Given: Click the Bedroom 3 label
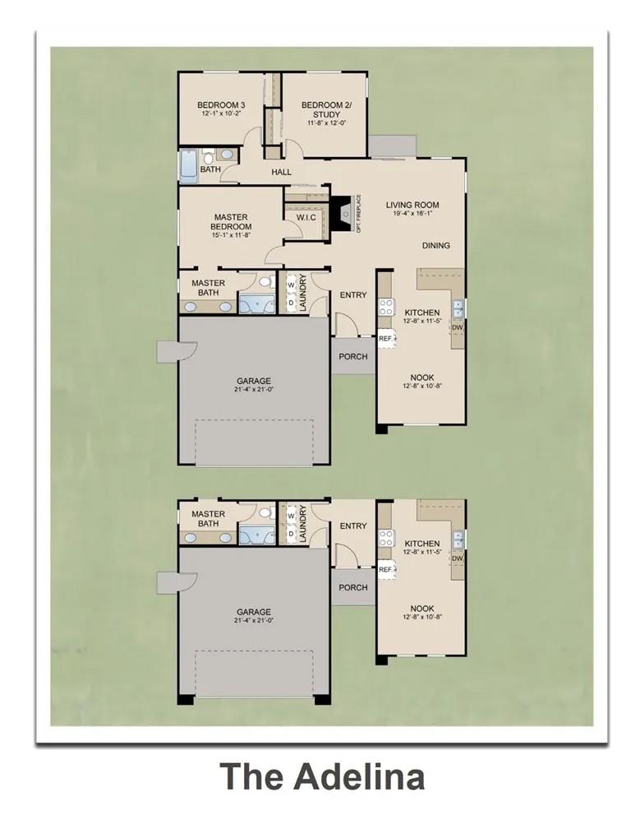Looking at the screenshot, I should [x=221, y=105].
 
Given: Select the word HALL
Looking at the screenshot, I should [x=282, y=172].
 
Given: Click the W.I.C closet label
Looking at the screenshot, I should [x=296, y=217].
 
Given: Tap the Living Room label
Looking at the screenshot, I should [x=412, y=205].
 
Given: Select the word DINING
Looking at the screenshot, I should [x=435, y=245].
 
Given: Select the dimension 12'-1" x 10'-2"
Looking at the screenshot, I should [x=222, y=115].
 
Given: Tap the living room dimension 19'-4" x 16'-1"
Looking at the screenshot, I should [x=412, y=214].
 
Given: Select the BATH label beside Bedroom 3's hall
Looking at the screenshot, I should [x=210, y=170].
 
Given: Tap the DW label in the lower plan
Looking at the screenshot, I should [x=457, y=558].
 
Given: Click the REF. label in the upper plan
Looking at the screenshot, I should [x=384, y=337].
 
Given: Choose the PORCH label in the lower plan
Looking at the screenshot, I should [x=353, y=587].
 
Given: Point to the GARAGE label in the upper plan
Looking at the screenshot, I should [x=254, y=381].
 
